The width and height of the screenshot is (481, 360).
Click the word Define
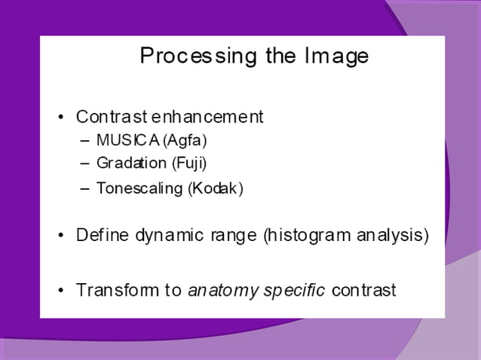point(103,235)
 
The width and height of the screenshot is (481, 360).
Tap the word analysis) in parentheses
point(394,235)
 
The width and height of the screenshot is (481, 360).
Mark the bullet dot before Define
point(61,236)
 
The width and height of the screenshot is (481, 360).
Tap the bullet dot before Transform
point(61,291)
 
